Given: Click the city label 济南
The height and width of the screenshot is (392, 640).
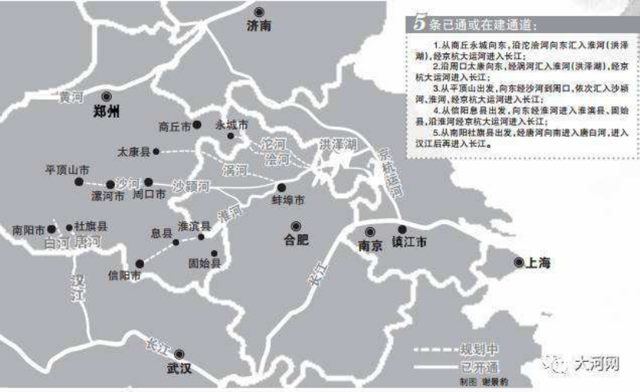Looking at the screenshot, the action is pyautogui.click(x=260, y=25).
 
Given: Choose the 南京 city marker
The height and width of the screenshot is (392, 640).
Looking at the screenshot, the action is pyautogui.click(x=370, y=231).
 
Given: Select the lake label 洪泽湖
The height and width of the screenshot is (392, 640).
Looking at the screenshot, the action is pyautogui.click(x=339, y=144).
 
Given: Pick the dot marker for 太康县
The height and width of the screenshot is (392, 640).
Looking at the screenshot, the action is pyautogui.click(x=156, y=152).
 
